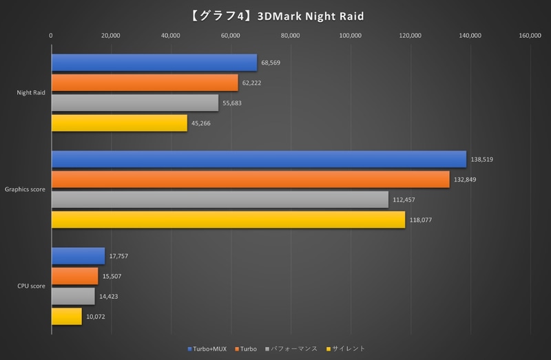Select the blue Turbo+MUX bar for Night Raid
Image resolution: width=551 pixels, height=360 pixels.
154,63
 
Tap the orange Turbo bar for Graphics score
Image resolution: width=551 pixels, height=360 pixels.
250,180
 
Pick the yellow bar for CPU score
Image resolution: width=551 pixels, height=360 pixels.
66,317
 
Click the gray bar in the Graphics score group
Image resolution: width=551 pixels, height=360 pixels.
220,200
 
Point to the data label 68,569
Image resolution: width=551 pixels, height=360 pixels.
271,63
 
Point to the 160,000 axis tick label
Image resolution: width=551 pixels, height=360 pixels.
530,36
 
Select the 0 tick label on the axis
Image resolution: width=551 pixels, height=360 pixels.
51,36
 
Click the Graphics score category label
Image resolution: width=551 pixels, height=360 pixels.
25,189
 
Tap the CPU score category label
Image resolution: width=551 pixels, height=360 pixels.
32,286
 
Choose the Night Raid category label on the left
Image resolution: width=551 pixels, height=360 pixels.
32,93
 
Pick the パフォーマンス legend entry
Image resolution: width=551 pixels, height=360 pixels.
293,349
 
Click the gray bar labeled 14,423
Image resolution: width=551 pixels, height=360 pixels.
73,296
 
